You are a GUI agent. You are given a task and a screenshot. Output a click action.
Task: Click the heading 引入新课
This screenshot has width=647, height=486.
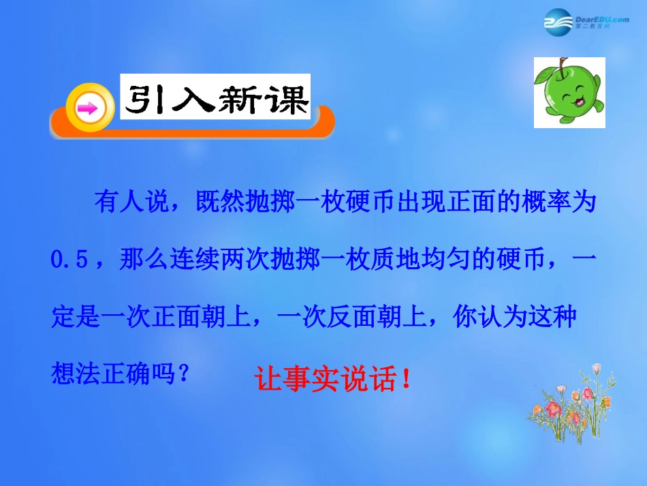(x=215, y=102)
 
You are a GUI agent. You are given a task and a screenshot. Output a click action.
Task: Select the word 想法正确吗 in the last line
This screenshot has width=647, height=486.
(x=112, y=375)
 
